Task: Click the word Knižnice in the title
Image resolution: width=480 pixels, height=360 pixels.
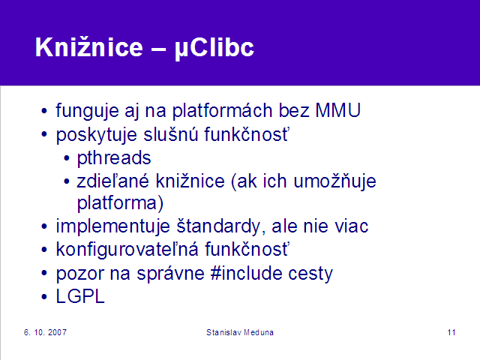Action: (89, 47)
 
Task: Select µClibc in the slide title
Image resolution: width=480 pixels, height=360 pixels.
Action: (214, 48)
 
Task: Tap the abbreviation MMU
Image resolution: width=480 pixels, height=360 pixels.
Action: (338, 110)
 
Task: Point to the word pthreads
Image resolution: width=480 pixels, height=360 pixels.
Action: (114, 158)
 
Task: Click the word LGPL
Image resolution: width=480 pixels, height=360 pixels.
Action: (80, 296)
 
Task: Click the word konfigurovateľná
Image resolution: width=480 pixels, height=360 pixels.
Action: (127, 250)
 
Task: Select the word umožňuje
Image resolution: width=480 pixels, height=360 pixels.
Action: (334, 181)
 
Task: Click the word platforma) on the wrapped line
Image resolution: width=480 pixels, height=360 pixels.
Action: (120, 203)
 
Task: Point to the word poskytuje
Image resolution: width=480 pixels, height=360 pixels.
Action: (97, 135)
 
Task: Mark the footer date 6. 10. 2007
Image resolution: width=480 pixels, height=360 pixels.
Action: (45, 332)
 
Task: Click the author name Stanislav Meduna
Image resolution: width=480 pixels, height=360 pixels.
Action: (240, 332)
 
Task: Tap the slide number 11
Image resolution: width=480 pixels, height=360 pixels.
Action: (451, 332)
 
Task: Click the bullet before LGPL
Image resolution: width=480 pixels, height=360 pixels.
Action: (44, 297)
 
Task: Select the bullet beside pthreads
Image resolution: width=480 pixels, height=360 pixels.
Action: (67, 158)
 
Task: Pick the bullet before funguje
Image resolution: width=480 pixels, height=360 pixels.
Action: (44, 111)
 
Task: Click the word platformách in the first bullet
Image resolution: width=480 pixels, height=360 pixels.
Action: (222, 111)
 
